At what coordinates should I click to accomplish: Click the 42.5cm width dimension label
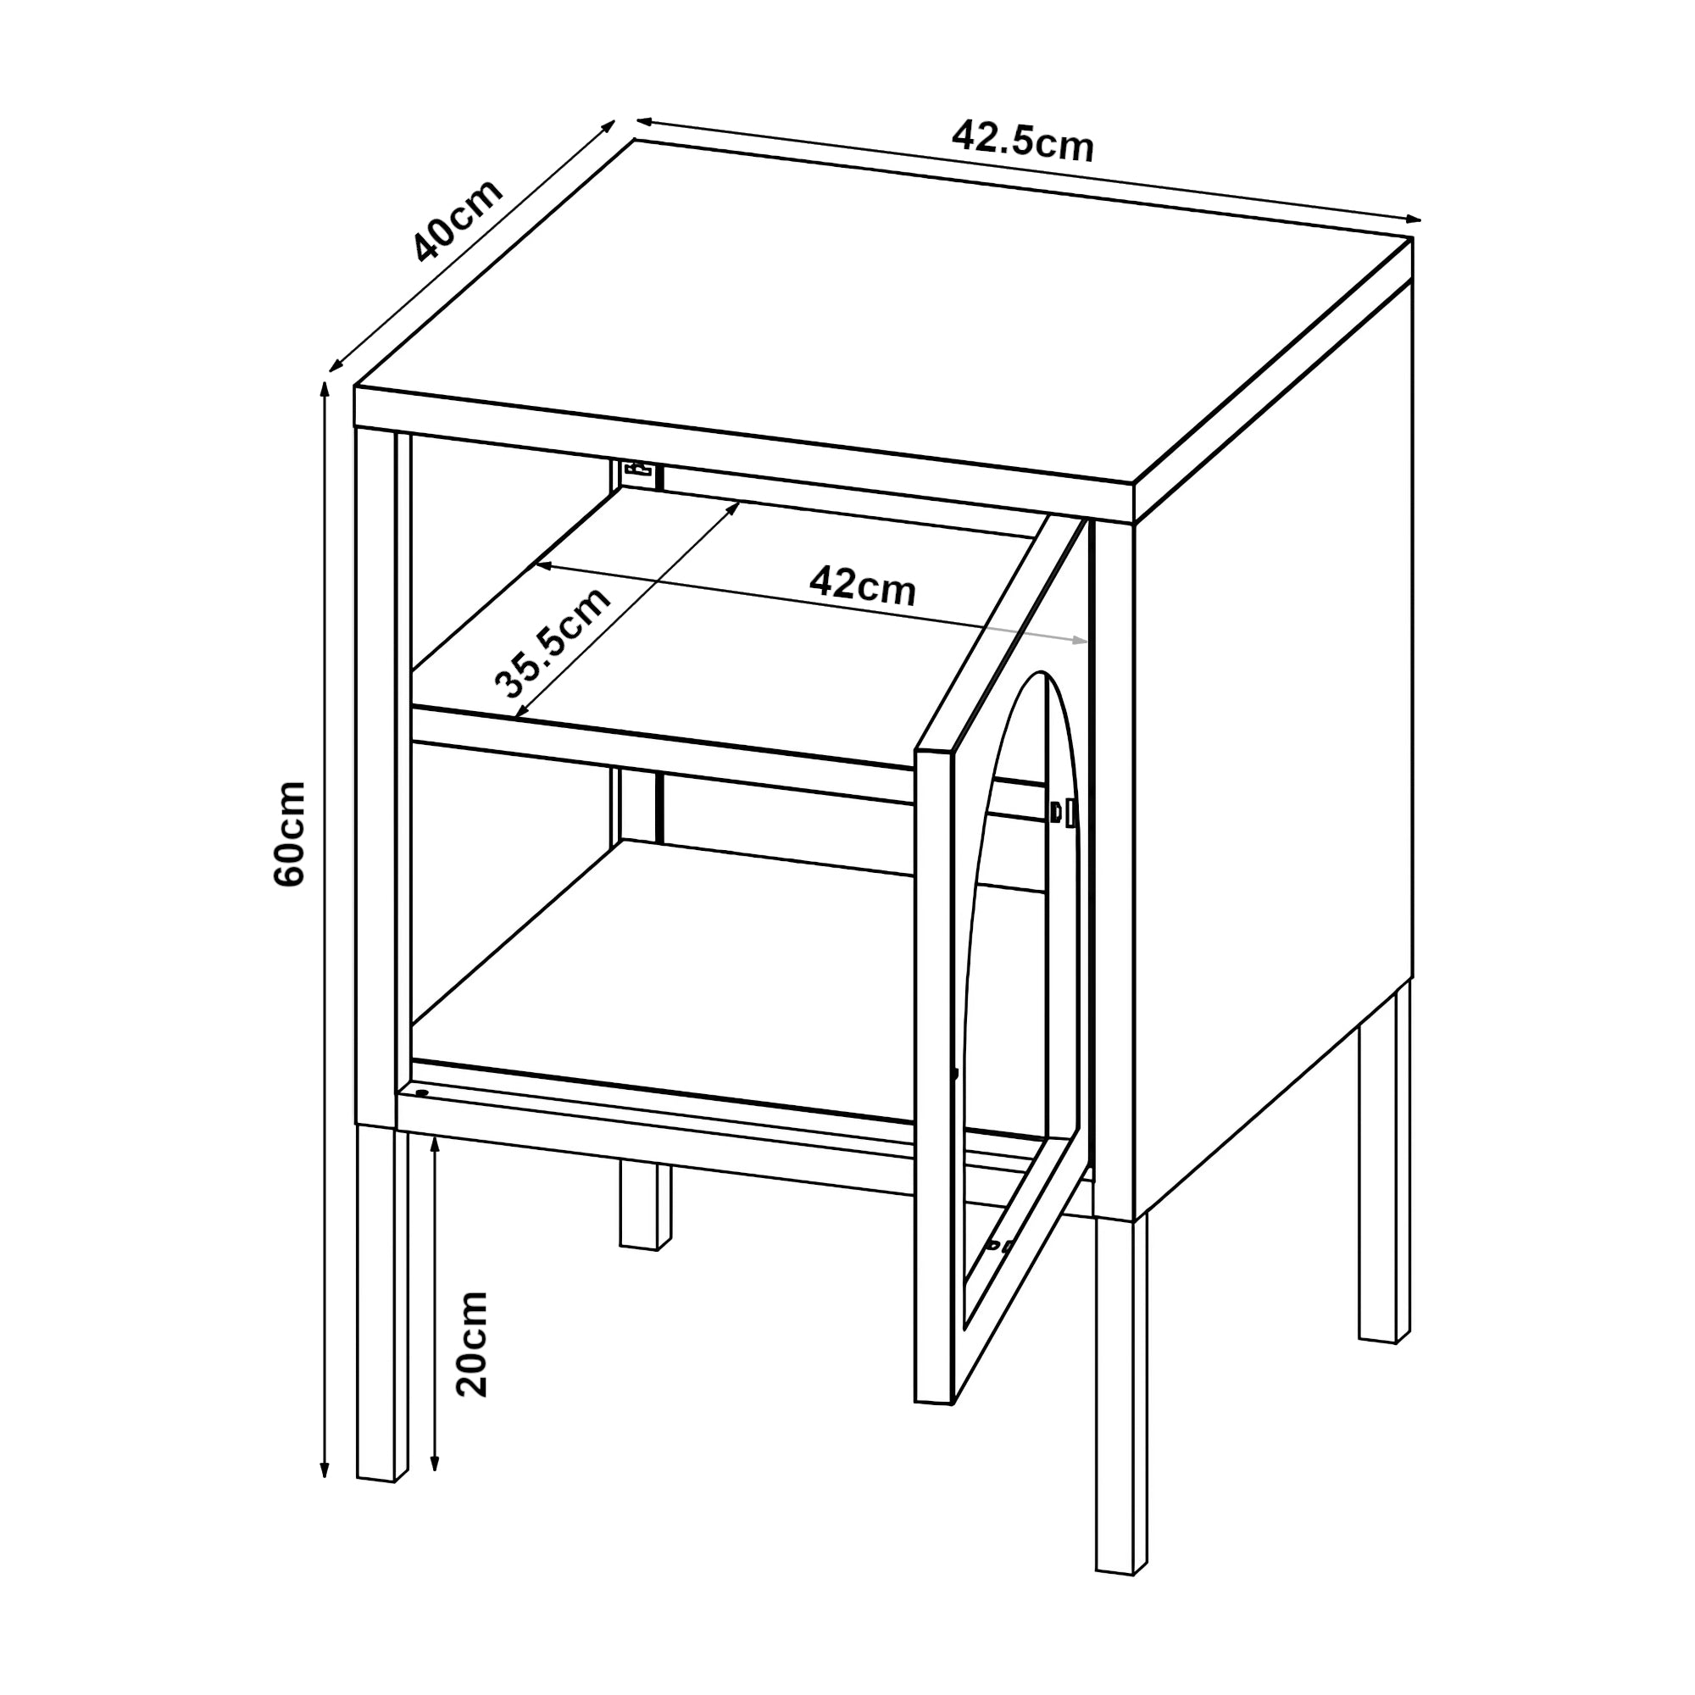point(1023,141)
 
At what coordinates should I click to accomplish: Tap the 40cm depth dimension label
point(458,220)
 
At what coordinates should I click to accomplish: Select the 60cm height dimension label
point(290,834)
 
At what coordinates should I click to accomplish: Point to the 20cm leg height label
point(471,1343)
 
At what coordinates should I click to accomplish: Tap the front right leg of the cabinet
point(1121,1396)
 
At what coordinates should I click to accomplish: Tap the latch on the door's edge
point(1063,813)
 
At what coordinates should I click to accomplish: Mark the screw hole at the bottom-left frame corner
point(422,1093)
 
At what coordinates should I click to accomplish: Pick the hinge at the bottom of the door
point(998,1245)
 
